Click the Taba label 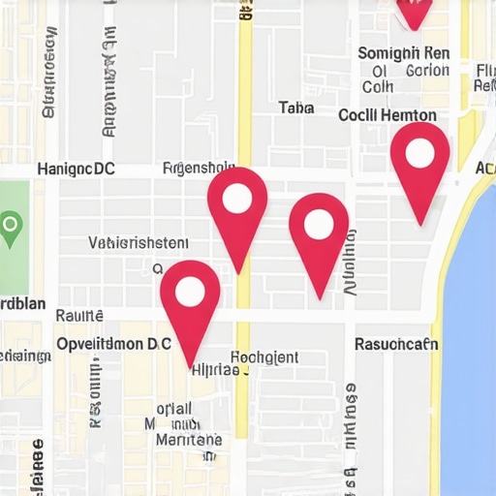pyautogui.click(x=295, y=108)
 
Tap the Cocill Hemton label pyautogui.click(x=387, y=114)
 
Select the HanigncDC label pyautogui.click(x=76, y=169)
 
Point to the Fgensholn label pyautogui.click(x=201, y=167)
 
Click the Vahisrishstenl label pyautogui.click(x=139, y=242)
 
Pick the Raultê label pyautogui.click(x=79, y=314)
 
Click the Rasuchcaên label pyautogui.click(x=396, y=343)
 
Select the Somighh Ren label pyautogui.click(x=403, y=52)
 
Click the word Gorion pyautogui.click(x=426, y=70)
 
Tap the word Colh pyautogui.click(x=378, y=86)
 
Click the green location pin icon pyautogui.click(x=10, y=229)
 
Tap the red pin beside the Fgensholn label pyautogui.click(x=237, y=201)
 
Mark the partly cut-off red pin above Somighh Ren pyautogui.click(x=414, y=11)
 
